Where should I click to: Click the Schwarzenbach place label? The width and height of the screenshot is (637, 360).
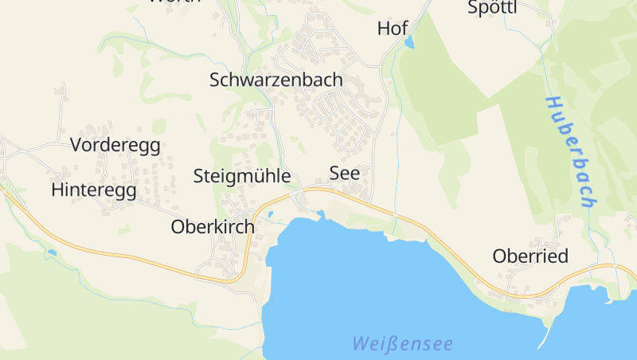tap(276, 80)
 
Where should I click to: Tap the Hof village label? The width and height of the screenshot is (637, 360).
tap(392, 29)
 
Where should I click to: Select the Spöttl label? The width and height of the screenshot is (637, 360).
tap(492, 8)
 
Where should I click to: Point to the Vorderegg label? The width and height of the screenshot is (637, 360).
tap(115, 145)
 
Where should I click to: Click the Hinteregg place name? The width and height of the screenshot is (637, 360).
tap(93, 190)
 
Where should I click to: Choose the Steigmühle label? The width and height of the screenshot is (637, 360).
tap(241, 176)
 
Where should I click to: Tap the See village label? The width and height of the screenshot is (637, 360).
tap(344, 174)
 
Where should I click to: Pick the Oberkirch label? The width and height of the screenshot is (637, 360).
tap(213, 227)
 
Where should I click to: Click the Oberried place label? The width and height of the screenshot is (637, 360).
tap(530, 256)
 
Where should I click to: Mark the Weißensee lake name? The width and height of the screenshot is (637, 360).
tap(402, 344)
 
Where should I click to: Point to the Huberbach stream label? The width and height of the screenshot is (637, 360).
tap(571, 151)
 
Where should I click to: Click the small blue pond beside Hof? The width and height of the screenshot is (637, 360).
tap(409, 42)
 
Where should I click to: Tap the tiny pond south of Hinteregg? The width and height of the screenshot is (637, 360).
tap(52, 252)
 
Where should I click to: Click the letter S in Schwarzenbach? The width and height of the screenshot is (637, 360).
tap(215, 80)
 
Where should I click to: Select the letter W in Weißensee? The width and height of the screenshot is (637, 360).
tap(361, 344)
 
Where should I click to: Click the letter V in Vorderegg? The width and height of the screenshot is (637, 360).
tap(76, 145)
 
